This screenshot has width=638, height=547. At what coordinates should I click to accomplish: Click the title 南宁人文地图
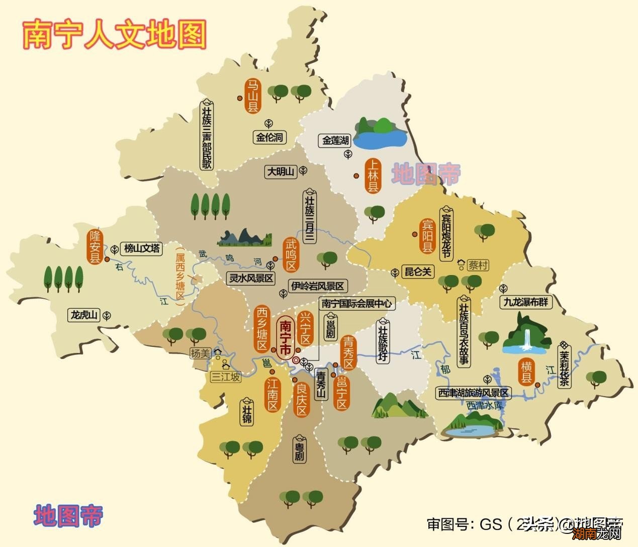[x=115, y=34]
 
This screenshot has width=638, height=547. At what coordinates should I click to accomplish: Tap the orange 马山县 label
[x=252, y=96]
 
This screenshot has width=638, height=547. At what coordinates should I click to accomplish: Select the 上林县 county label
[x=373, y=176]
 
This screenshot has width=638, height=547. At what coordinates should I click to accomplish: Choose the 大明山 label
[x=281, y=171]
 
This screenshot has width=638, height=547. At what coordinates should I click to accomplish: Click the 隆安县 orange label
[x=95, y=247]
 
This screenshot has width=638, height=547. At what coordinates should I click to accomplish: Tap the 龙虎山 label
[x=83, y=315]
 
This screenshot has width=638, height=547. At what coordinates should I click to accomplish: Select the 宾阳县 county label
[x=427, y=235]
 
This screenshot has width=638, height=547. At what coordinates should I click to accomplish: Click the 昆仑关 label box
[x=418, y=272]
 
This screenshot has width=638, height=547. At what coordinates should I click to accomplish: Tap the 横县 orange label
[x=526, y=372]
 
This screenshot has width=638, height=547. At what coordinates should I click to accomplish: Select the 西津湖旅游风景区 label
[x=474, y=393]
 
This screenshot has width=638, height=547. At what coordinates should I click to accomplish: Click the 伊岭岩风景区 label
[x=318, y=286]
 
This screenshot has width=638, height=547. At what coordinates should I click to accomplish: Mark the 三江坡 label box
[x=225, y=376]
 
